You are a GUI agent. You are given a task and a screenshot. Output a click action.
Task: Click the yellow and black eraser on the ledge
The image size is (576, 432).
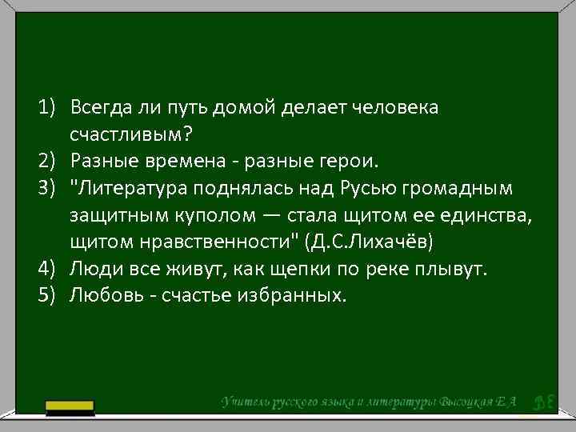coord(70,408)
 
